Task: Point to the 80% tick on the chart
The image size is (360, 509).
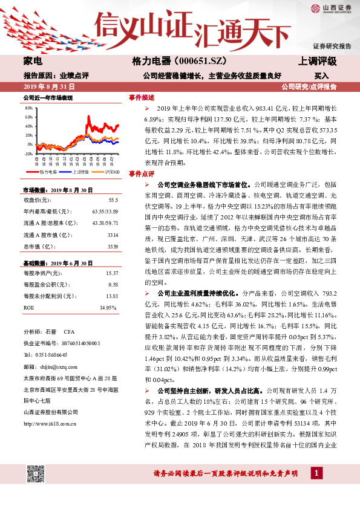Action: click(29, 108)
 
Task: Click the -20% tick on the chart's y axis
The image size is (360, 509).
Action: click(28, 154)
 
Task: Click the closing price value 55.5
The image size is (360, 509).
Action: click(113, 200)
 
